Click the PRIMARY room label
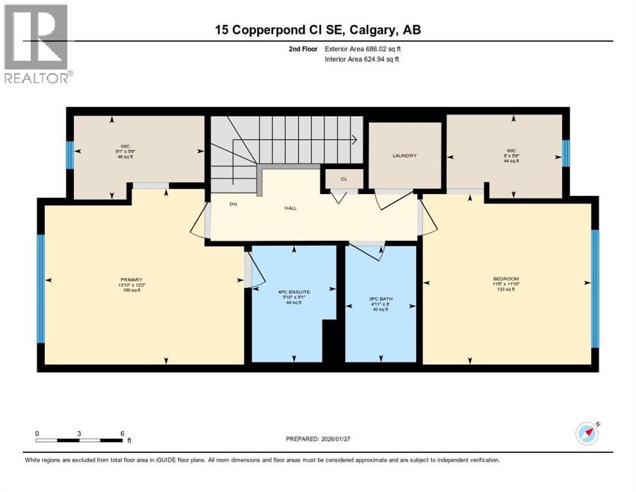[x=130, y=279]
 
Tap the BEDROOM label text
[x=505, y=279]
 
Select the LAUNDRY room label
[x=404, y=156]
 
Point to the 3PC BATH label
[x=380, y=299]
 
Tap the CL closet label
[x=344, y=179]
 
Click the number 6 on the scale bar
[x=122, y=433]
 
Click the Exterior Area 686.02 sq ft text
[x=363, y=48]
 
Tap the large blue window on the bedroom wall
[x=594, y=288]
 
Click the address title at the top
[x=318, y=29]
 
